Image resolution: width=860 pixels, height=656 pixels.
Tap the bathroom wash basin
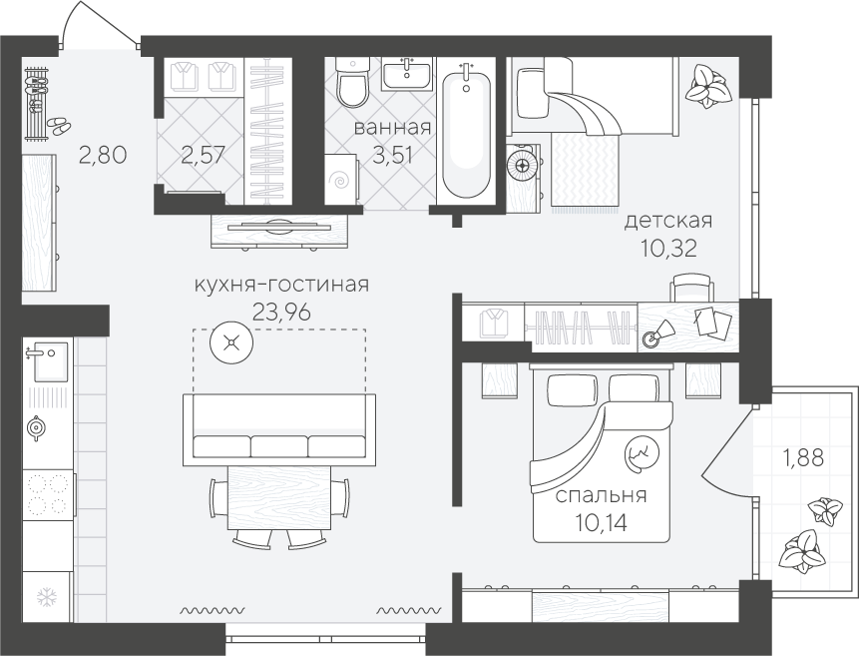[406, 74]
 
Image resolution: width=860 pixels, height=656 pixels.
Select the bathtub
[466, 132]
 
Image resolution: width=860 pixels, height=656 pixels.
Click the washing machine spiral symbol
[340, 180]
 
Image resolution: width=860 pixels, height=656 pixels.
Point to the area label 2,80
[103, 155]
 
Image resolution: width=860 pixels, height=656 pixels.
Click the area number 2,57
[203, 156]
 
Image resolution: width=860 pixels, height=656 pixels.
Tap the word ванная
[392, 128]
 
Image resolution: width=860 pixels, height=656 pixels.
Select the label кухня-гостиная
[282, 285]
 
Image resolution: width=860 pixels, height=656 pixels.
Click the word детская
[668, 221]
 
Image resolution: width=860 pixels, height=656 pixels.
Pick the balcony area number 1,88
[803, 458]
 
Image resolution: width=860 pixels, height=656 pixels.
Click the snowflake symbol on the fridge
[46, 597]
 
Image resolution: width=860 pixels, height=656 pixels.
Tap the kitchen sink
[48, 361]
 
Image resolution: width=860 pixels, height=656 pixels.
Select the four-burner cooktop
[47, 494]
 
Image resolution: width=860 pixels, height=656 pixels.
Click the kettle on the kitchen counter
[36, 427]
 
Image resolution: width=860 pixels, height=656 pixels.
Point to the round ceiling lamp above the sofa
[231, 343]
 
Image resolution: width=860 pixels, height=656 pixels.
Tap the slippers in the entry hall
[58, 125]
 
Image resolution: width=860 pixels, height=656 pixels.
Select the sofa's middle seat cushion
[279, 446]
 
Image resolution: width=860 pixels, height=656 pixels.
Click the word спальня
[602, 495]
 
